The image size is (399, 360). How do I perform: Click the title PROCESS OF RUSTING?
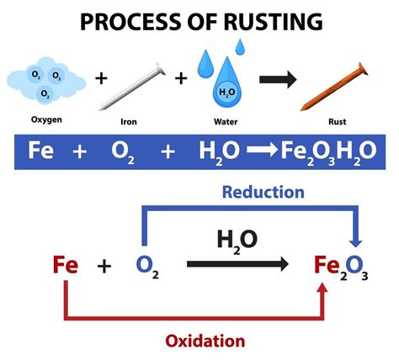coord(199,20)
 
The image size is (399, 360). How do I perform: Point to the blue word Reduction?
coord(263,192)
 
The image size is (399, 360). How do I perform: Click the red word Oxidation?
coord(205,341)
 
